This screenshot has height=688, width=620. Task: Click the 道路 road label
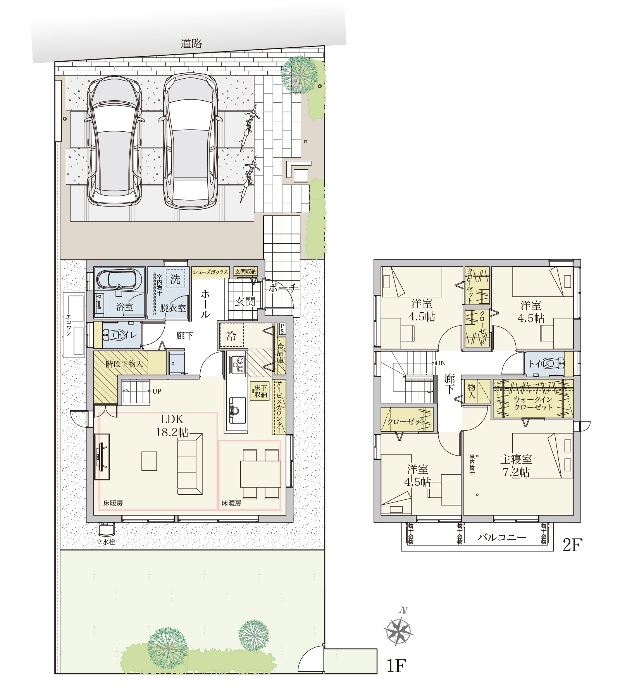(191, 43)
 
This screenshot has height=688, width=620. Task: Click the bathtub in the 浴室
(116, 280)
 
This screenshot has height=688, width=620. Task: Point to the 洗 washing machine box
(175, 279)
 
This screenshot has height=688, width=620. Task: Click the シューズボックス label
(210, 272)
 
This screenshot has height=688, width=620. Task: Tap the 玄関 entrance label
(245, 302)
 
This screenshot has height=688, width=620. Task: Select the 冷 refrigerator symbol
(231, 335)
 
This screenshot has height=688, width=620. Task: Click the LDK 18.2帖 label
(172, 425)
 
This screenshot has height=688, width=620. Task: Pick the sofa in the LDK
(190, 464)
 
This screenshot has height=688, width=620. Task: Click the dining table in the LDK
(260, 474)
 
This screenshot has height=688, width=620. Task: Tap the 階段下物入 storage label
(124, 364)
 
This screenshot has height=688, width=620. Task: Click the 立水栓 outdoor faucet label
(106, 542)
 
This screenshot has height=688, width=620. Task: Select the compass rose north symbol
(398, 630)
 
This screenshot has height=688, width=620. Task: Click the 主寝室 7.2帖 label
(516, 466)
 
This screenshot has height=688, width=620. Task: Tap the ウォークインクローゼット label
(533, 403)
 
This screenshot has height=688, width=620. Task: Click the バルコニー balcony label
(501, 537)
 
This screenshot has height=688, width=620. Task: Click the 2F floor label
(572, 545)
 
